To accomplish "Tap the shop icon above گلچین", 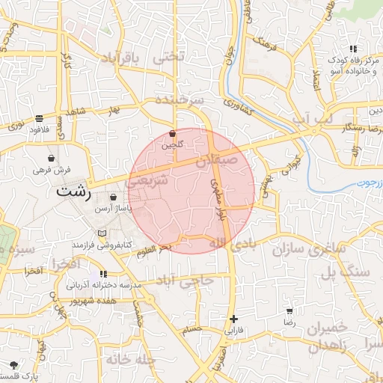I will (173, 133).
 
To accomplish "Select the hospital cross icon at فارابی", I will (234, 319).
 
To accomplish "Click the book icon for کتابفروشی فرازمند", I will (102, 234).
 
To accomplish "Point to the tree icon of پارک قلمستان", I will (14, 365).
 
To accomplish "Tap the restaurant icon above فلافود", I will (39, 118).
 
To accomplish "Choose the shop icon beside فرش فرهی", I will (51, 159).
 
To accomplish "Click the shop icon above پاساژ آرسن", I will (112, 197).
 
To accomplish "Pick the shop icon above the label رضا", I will (289, 310).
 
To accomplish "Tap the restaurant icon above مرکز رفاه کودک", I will (352, 49).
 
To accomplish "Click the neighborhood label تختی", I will (167, 57).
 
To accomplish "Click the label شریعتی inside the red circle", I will (153, 181).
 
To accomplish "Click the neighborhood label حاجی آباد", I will (185, 279).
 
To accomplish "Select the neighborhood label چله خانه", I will (128, 359).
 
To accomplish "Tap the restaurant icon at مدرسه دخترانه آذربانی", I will (103, 274).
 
